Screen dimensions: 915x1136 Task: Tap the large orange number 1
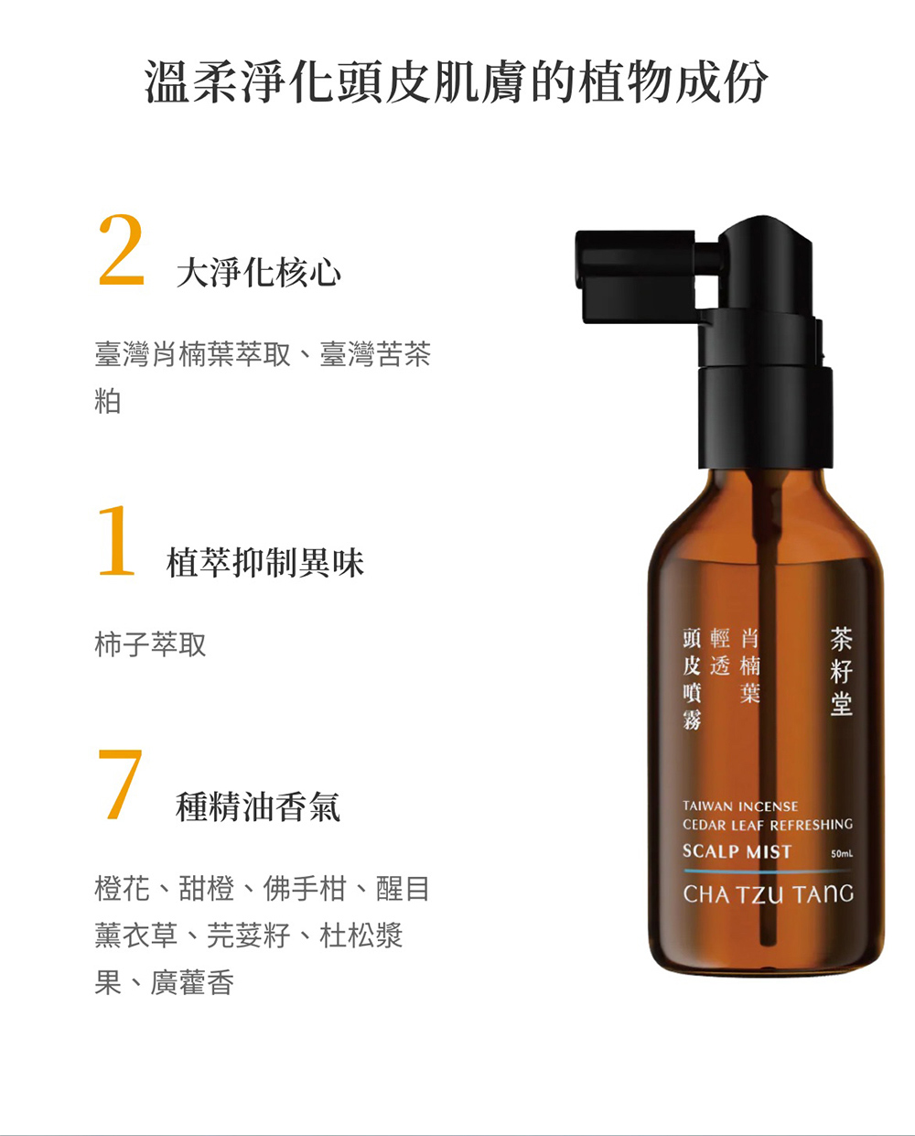point(117,541)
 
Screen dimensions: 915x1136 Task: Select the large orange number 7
point(120,784)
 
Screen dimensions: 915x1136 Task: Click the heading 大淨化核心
point(259,274)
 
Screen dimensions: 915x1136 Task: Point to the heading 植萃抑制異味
point(265,563)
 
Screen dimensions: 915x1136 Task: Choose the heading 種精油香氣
point(257,806)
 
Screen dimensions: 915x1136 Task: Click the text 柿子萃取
point(150,644)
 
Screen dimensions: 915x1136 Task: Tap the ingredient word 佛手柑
point(305,889)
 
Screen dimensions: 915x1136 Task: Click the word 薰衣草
point(136,936)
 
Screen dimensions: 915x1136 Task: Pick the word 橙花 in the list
point(123,889)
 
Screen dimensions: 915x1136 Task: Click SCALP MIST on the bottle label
point(737,851)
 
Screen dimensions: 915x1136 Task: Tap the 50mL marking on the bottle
point(842,853)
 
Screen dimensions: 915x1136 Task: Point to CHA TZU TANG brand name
point(768,893)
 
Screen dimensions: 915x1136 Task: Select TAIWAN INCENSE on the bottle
point(740,806)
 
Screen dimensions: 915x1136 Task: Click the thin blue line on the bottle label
point(768,871)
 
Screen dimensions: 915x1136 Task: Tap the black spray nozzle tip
point(580,259)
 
